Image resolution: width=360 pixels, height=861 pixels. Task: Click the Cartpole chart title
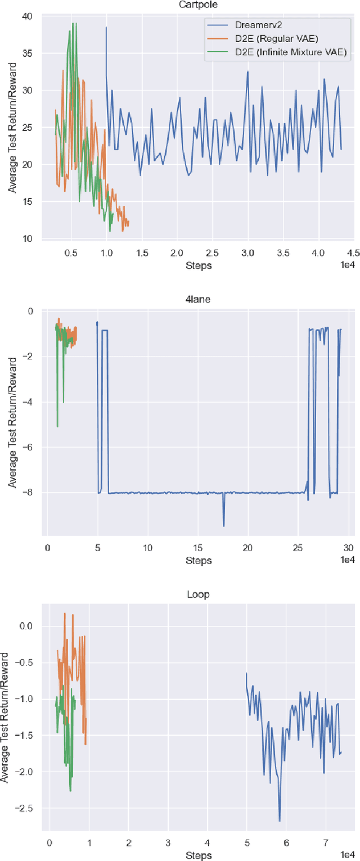[199, 4]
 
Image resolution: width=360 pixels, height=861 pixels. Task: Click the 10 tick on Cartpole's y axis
[28, 238]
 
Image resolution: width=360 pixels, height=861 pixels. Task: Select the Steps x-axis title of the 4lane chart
[199, 560]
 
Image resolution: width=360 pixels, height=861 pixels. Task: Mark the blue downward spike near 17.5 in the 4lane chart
[223, 525]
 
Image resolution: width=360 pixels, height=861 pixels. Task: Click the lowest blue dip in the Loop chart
[280, 821]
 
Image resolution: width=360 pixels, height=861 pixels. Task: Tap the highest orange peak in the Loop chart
[65, 614]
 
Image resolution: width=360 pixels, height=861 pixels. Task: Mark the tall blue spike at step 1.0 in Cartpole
[106, 27]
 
